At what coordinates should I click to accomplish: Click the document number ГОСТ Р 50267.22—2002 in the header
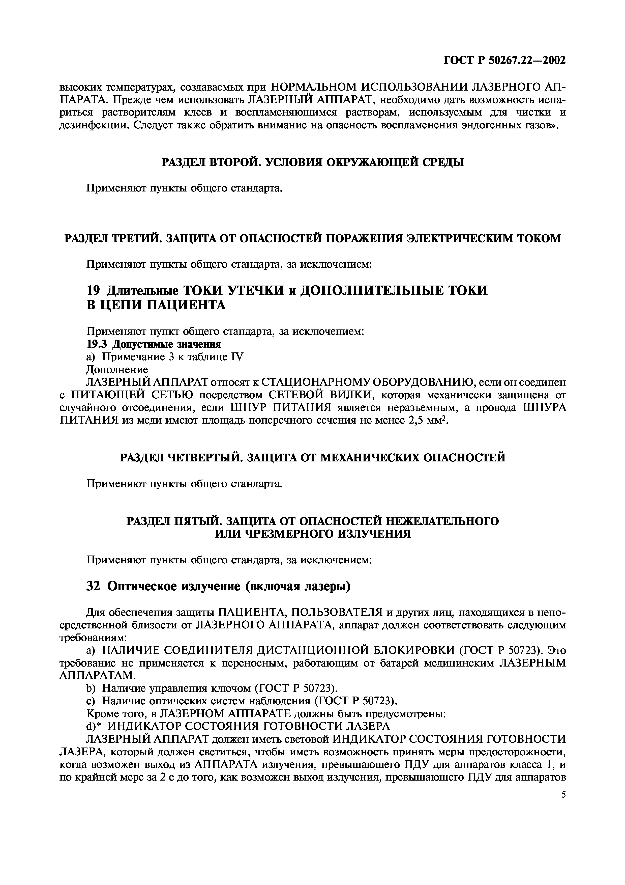[x=504, y=61]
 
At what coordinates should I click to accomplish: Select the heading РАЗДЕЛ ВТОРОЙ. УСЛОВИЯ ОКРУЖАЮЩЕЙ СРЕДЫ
[x=312, y=162]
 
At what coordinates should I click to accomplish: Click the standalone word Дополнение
[x=117, y=369]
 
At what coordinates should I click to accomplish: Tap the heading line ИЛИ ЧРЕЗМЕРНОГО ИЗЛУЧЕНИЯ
[x=312, y=534]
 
